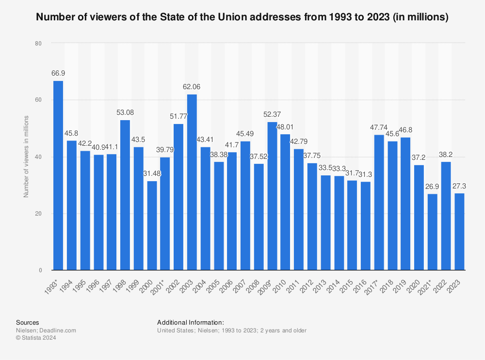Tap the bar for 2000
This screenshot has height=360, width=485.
tap(152, 225)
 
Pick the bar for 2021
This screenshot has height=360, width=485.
tap(432, 232)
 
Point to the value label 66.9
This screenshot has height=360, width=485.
tap(58, 74)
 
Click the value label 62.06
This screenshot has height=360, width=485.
tap(192, 87)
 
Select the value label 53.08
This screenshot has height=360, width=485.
tap(125, 112)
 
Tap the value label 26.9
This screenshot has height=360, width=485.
tap(432, 187)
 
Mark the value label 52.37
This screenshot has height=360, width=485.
tap(272, 114)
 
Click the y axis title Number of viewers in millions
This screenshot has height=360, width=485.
tap(27, 156)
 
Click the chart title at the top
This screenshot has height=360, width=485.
tap(242, 17)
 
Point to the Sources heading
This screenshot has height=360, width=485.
tap(28, 322)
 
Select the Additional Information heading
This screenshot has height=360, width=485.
tap(190, 322)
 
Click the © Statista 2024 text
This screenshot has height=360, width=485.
tap(36, 338)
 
